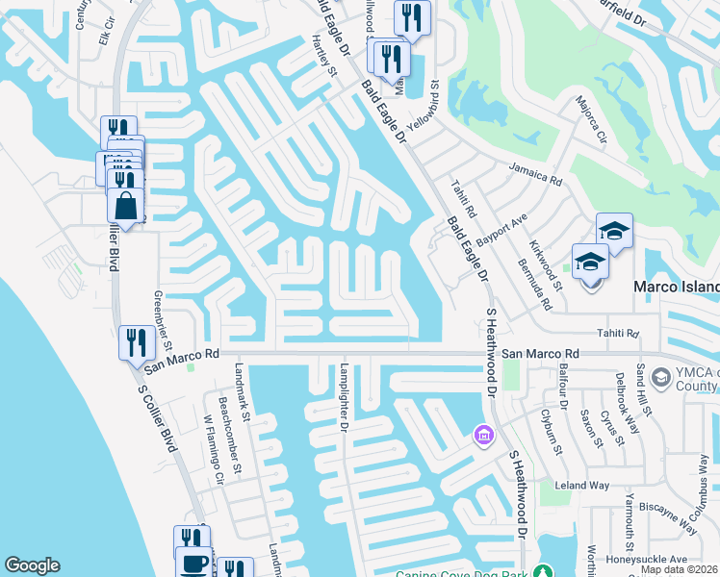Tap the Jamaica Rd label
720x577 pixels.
tap(535, 174)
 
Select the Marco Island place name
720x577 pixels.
tap(675, 288)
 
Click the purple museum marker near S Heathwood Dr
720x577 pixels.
tap(482, 438)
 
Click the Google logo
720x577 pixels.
tap(33, 565)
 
